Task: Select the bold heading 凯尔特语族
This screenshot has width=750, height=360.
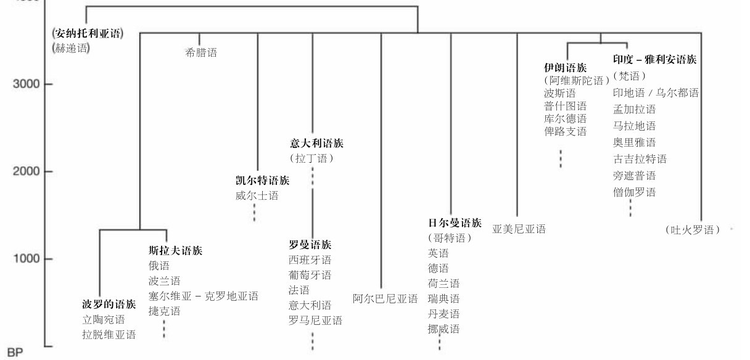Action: coord(262,181)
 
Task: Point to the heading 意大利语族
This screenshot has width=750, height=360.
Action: coord(316,142)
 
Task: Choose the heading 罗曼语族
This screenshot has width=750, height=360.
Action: coord(310,244)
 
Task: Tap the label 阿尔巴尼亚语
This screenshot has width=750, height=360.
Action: coord(385,298)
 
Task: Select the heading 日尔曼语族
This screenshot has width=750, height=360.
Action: coord(455,222)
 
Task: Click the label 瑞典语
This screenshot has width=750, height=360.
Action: coord(443,299)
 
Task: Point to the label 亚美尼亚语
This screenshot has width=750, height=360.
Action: coord(519,229)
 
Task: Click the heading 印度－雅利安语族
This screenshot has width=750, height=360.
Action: coord(655,60)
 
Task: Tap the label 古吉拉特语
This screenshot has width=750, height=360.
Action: coord(640,159)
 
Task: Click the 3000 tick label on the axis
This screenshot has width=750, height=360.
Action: coord(26,84)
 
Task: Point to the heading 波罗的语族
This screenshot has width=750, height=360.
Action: coord(109,304)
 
